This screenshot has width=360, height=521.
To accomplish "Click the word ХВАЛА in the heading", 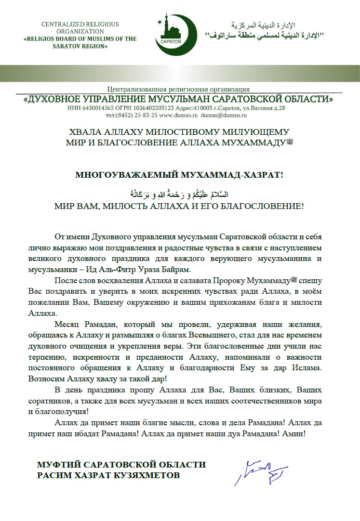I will click(84, 131).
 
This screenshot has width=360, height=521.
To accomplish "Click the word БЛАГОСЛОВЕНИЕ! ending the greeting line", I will click(266, 206).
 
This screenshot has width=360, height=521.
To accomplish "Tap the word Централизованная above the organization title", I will click(140, 89).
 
